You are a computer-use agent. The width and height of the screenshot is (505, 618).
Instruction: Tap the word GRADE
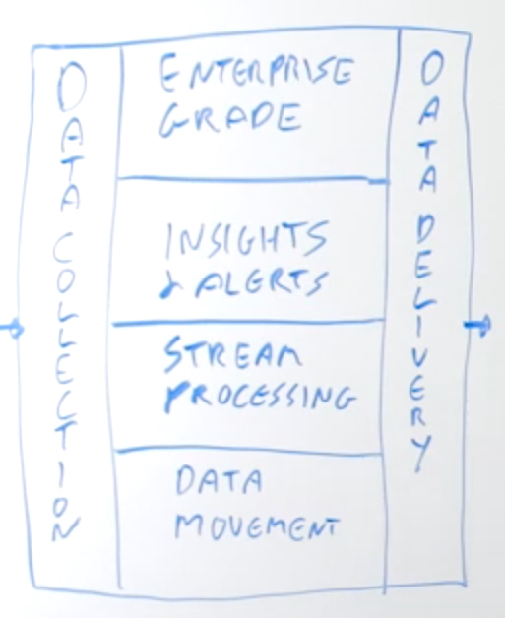[231, 119]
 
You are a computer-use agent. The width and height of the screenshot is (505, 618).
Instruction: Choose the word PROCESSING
[260, 397]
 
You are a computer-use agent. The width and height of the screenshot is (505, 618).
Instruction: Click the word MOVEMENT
[257, 526]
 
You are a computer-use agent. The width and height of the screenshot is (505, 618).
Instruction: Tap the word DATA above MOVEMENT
[220, 480]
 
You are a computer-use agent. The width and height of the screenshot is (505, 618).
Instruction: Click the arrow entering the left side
[12, 329]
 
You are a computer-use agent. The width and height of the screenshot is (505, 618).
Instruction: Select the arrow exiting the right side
[477, 325]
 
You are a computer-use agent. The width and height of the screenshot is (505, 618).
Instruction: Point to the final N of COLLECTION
[65, 528]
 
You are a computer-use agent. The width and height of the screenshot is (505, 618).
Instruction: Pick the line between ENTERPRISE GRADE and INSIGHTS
[252, 180]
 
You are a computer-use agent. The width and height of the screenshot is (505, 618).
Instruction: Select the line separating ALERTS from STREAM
[248, 323]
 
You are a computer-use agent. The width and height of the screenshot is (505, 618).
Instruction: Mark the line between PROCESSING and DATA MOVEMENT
[247, 451]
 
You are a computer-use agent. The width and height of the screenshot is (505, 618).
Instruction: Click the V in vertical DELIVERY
[418, 361]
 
